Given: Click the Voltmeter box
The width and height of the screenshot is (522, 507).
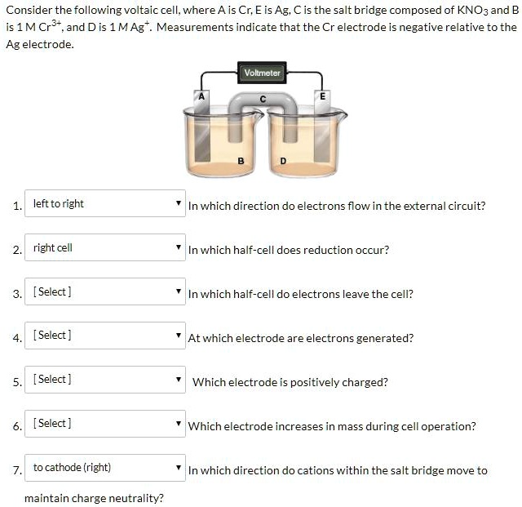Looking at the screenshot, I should (x=262, y=73).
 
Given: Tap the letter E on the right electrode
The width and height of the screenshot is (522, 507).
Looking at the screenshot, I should (x=322, y=95).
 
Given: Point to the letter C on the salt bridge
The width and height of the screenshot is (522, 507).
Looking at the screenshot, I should (x=262, y=99).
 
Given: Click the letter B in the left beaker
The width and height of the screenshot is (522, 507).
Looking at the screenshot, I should (x=241, y=160).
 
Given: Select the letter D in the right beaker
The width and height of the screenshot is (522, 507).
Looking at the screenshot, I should (x=283, y=160).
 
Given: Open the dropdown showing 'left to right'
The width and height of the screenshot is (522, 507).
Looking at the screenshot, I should (x=105, y=203).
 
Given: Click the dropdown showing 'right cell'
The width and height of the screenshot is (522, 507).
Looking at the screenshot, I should (x=105, y=247).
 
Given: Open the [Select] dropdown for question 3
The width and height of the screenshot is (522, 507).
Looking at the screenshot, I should (x=105, y=291).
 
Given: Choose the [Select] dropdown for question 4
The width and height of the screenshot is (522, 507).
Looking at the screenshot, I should (x=105, y=335).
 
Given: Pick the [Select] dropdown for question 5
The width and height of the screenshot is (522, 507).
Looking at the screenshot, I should (x=105, y=379).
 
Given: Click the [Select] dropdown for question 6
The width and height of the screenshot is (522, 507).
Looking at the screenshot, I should (x=105, y=423).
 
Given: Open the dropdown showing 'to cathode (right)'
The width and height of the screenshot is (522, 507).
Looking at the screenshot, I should (x=105, y=467).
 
